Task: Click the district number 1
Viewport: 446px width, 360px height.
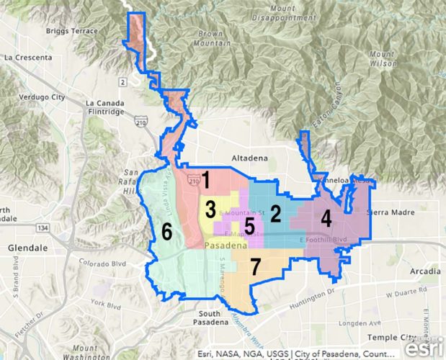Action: point(205,178)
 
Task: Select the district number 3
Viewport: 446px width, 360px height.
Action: point(210,210)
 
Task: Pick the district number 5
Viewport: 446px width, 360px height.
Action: point(249,226)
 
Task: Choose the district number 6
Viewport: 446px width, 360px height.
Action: point(166,231)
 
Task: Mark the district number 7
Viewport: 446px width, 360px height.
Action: point(255,266)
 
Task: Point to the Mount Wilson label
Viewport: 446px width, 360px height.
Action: point(381,58)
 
